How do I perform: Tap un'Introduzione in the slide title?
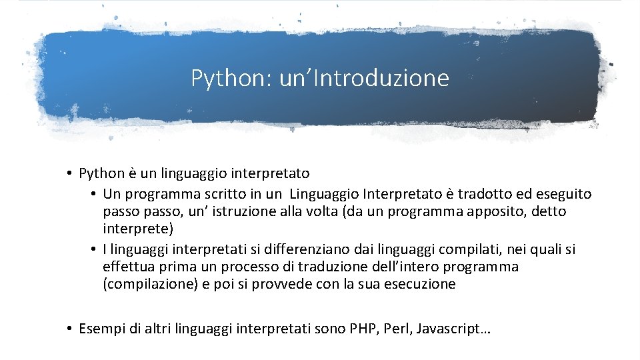coord(364,79)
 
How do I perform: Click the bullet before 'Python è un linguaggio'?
coord(69,174)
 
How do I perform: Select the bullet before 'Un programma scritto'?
coord(93,194)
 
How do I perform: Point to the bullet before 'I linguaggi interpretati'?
coord(93,249)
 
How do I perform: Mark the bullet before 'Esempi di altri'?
coord(69,328)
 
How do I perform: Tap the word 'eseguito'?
coord(563,194)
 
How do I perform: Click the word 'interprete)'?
coord(138,229)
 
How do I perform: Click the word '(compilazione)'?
coord(147,285)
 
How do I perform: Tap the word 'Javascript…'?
coord(453,328)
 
